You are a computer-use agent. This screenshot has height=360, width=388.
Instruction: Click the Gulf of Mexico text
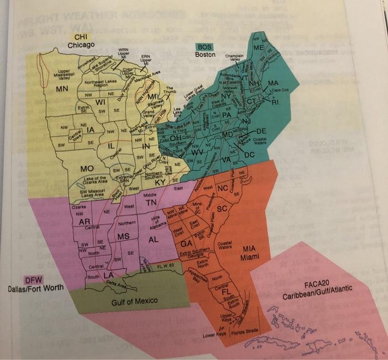(135, 301)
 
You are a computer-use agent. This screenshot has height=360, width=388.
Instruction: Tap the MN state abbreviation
(62, 89)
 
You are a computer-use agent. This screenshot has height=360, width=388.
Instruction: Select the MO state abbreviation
(86, 168)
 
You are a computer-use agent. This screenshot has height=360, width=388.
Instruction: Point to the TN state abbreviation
(151, 203)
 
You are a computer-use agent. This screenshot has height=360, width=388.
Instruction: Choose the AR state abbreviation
(84, 222)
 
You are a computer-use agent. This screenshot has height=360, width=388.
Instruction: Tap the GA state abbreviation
(187, 243)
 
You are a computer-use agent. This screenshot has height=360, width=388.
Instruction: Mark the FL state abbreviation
(226, 291)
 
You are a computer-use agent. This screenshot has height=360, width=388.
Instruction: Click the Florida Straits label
(244, 335)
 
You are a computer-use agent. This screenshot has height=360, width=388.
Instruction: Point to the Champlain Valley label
(235, 59)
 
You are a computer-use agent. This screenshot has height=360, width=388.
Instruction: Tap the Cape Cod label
(280, 90)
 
